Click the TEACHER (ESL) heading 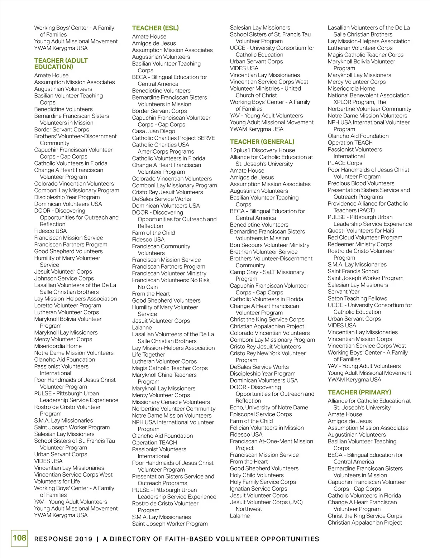(x=155, y=28)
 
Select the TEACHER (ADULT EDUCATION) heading (x=61, y=64)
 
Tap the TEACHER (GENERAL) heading (x=262, y=142)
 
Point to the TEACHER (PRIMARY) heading (x=359, y=392)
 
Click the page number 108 (x=19, y=538)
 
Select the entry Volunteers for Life (x=57, y=481)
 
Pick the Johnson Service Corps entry (x=64, y=278)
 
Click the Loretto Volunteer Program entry (x=67, y=306)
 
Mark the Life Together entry (x=148, y=355)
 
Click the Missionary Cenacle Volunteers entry (x=171, y=402)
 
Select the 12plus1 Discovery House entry (x=262, y=150)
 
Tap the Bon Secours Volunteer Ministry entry (x=269, y=245)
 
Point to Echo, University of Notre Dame (x=269, y=407)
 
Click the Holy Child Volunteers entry (x=257, y=475)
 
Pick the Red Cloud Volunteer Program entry (x=365, y=237)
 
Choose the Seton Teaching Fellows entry (x=357, y=298)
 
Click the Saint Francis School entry (x=353, y=271)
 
